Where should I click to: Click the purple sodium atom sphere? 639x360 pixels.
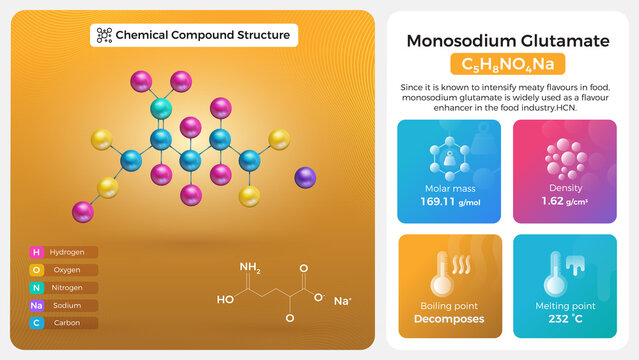click(x=305, y=177)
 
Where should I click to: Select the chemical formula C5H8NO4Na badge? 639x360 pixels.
click(x=507, y=65)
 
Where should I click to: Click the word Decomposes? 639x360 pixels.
click(x=449, y=319)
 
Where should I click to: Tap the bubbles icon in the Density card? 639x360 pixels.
click(x=565, y=158)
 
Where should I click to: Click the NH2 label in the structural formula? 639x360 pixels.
click(x=250, y=268)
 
